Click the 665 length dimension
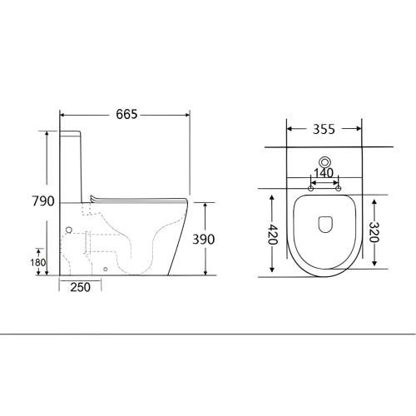pyautogui.click(x=126, y=114)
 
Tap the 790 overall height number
pyautogui.click(x=43, y=201)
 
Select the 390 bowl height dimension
pyautogui.click(x=204, y=240)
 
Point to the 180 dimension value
pyautogui.click(x=38, y=262)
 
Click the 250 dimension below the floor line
pyautogui.click(x=80, y=287)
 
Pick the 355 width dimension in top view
pyautogui.click(x=324, y=129)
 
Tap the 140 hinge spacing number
pyautogui.click(x=324, y=173)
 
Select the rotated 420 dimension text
pyautogui.click(x=273, y=234)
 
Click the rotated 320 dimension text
pyautogui.click(x=374, y=232)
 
